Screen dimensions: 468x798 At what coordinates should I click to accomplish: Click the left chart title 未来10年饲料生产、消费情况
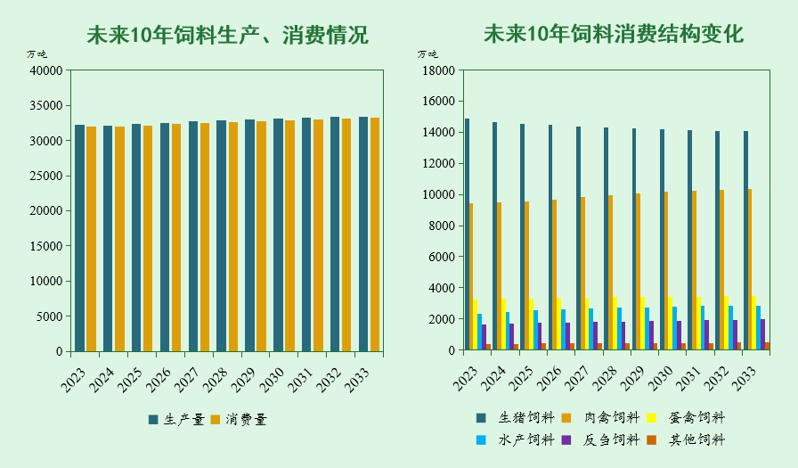click(x=227, y=36)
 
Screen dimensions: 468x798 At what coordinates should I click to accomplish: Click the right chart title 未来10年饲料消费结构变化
click(x=613, y=35)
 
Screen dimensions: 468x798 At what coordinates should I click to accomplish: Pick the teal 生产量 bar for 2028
click(x=221, y=235)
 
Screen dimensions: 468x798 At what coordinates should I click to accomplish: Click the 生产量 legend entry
click(x=176, y=419)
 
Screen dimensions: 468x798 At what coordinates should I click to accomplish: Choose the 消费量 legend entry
click(x=239, y=419)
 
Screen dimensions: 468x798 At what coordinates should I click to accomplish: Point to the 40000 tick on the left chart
click(x=46, y=70)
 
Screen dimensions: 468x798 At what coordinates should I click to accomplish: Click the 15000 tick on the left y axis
click(x=46, y=246)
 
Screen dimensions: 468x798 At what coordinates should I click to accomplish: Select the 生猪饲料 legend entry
click(x=517, y=417)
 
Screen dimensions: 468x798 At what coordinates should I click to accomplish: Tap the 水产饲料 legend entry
click(x=517, y=439)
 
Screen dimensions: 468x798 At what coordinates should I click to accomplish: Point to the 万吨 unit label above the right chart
click(x=427, y=54)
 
